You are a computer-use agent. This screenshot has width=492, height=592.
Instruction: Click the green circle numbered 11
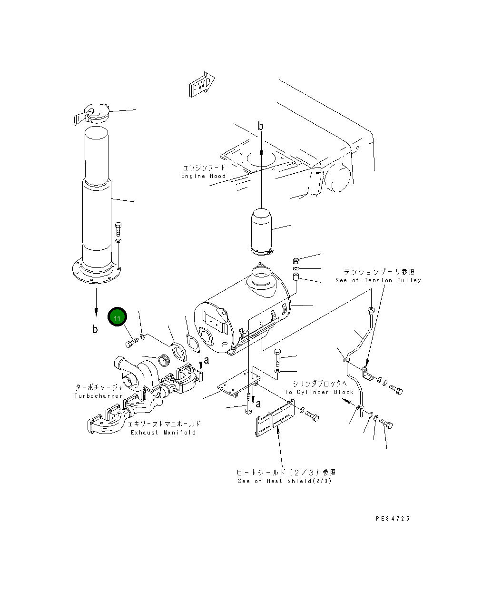pyautogui.click(x=117, y=316)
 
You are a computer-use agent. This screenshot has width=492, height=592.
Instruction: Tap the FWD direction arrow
pyautogui.click(x=202, y=84)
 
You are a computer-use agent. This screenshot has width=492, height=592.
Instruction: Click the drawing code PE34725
pyautogui.click(x=393, y=519)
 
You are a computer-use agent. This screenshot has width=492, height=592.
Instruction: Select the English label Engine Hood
pyautogui.click(x=203, y=176)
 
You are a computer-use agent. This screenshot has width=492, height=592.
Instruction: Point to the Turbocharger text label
pyautogui.click(x=98, y=396)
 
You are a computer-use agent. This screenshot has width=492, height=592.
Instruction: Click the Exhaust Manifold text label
pyautogui.click(x=163, y=433)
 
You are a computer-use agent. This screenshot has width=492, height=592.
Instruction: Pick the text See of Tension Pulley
pyautogui.click(x=378, y=280)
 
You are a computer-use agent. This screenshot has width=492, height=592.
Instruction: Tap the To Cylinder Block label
pyautogui.click(x=319, y=392)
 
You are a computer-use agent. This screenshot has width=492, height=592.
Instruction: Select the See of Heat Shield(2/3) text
pyautogui.click(x=285, y=481)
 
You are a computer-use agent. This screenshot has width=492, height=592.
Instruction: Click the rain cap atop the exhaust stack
pyautogui.click(x=92, y=114)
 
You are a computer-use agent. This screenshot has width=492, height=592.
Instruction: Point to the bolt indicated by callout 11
pyautogui.click(x=132, y=342)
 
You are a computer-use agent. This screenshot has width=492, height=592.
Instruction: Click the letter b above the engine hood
pyautogui.click(x=260, y=126)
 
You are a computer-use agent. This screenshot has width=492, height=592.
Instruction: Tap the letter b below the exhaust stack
pyautogui.click(x=95, y=329)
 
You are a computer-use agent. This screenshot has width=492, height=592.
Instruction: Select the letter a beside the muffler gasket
pyautogui.click(x=207, y=360)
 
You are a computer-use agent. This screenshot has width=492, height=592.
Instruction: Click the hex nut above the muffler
pyautogui.click(x=296, y=261)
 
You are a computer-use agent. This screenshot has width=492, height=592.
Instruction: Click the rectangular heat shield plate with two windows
pyautogui.click(x=276, y=418)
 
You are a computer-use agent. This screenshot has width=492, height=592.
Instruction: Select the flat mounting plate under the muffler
pyautogui.click(x=239, y=383)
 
